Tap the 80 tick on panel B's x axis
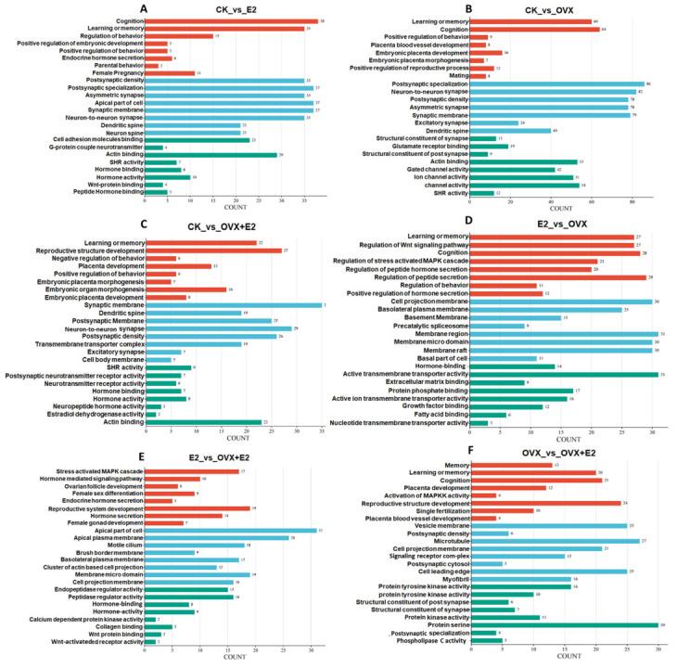point(632,199)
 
